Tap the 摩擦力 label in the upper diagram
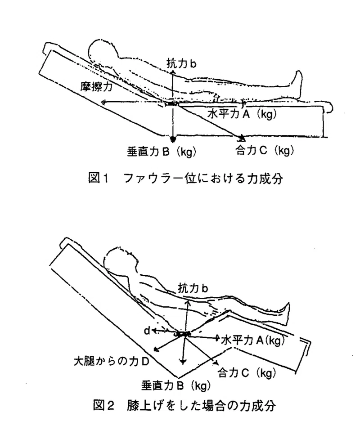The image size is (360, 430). [97, 87]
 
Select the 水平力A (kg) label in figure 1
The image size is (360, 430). [242, 113]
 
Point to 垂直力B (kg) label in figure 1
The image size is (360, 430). [162, 152]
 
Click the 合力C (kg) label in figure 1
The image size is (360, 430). [265, 150]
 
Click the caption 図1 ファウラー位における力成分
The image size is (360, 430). [185, 178]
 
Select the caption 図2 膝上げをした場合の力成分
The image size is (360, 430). [184, 406]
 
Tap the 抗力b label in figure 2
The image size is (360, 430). [193, 288]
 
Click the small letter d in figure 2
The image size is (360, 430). [147, 331]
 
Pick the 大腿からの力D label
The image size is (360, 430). [112, 362]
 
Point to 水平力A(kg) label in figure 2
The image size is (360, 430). [253, 340]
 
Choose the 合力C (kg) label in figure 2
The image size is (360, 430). [247, 373]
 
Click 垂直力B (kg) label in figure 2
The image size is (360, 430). [176, 386]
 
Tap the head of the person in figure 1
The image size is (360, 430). [102, 50]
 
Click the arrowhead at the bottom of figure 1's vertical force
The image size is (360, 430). [173, 139]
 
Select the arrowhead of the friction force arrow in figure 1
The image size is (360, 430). [103, 103]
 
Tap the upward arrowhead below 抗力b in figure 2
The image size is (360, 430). [188, 302]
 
